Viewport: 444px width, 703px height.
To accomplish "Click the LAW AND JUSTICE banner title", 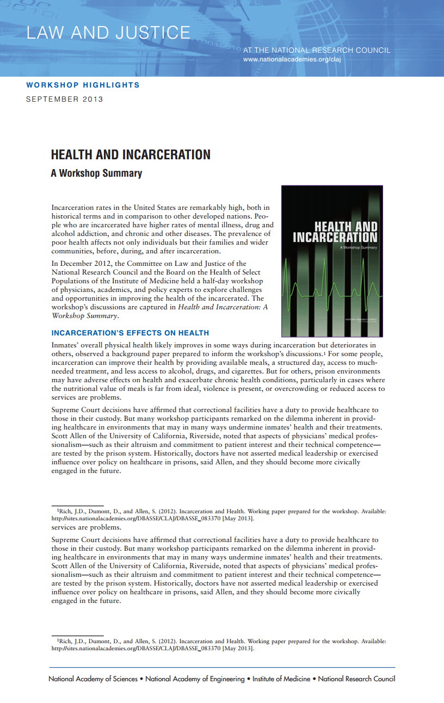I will coord(108,33).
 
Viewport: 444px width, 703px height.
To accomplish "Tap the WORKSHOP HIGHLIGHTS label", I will coord(83,85).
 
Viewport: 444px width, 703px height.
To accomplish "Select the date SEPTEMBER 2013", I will coord(65,99).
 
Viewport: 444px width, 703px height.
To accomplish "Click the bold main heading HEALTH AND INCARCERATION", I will coord(131,155).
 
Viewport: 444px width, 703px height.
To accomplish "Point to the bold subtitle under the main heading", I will coord(96,173).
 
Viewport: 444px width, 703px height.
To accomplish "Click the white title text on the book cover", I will coord(335,232).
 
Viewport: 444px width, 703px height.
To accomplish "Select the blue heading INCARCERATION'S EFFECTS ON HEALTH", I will coord(130,333).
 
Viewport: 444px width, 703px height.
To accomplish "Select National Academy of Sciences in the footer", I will coord(93,679).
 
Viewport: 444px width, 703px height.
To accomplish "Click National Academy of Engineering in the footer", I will coord(195,679).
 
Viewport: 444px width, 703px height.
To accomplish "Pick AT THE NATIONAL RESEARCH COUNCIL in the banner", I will coord(317,50).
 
